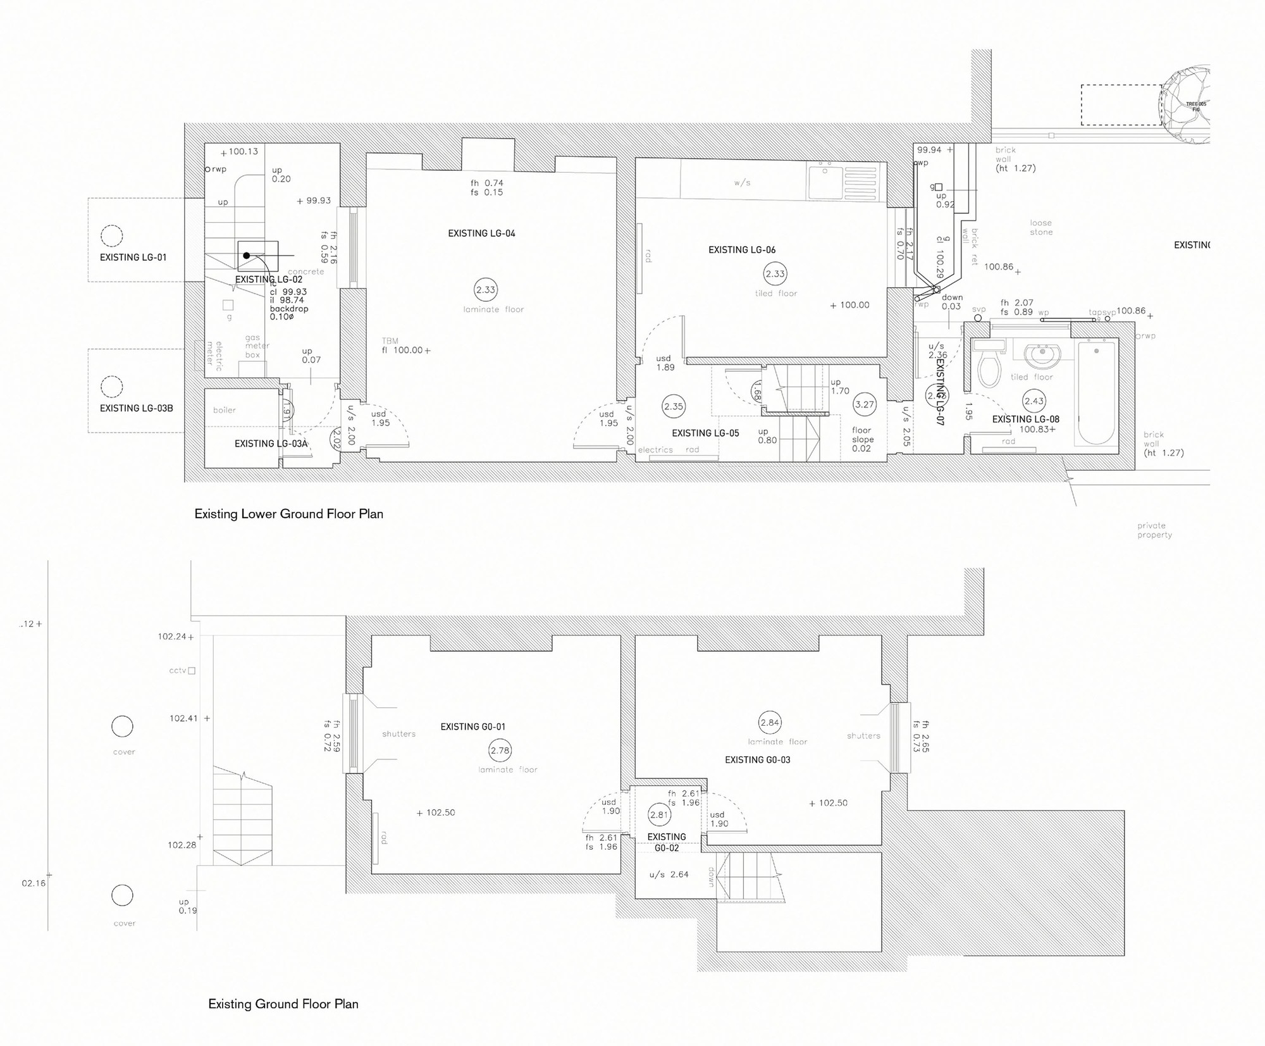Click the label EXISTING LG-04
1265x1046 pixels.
click(x=481, y=233)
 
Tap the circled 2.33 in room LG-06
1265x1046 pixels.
click(x=775, y=274)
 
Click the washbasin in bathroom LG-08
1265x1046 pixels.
click(x=1041, y=355)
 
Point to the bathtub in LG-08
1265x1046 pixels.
click(x=1097, y=392)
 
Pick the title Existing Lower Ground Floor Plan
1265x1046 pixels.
click(x=288, y=514)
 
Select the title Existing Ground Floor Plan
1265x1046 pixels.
click(x=283, y=1004)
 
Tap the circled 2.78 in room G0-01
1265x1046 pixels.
click(x=500, y=750)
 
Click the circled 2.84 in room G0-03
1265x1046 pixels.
click(x=770, y=723)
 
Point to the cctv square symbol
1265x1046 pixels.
click(x=192, y=671)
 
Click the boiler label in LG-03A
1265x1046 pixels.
click(x=224, y=410)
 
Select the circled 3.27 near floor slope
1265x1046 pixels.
click(x=864, y=405)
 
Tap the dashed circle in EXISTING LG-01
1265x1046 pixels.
click(x=112, y=236)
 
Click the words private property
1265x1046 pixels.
click(x=1154, y=530)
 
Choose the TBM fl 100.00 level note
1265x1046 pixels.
click(x=405, y=346)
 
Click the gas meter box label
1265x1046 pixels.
click(x=257, y=346)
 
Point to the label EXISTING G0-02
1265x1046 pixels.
click(x=666, y=842)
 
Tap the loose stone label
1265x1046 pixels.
click(x=1040, y=228)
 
